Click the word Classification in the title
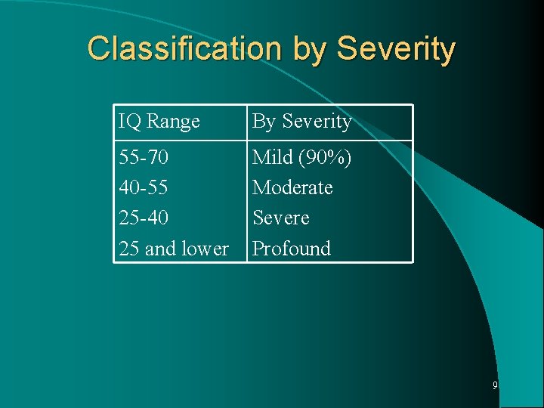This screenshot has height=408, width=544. point(184,48)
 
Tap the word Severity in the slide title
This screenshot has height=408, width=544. point(396,49)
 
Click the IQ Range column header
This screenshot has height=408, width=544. point(159,121)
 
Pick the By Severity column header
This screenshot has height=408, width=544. point(301,122)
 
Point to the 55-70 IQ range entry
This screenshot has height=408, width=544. point(144,158)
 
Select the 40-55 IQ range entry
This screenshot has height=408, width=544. point(144,187)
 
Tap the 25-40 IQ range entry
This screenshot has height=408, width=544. point(144,218)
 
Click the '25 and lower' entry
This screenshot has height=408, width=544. point(174,249)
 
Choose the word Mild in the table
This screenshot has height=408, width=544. point(273,157)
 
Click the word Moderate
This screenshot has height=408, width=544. point(292,187)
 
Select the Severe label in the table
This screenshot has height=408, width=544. point(281,218)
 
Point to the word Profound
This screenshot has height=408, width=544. point(292,249)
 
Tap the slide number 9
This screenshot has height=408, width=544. point(495,385)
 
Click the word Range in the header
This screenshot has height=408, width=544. point(173,121)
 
